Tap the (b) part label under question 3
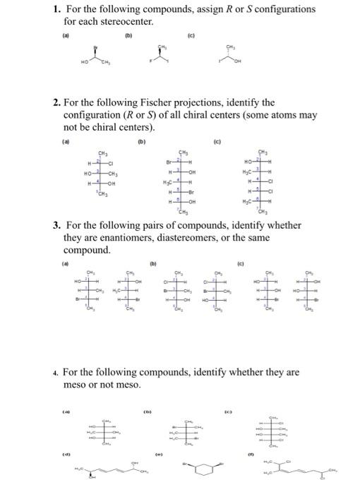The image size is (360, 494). (x=153, y=265)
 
